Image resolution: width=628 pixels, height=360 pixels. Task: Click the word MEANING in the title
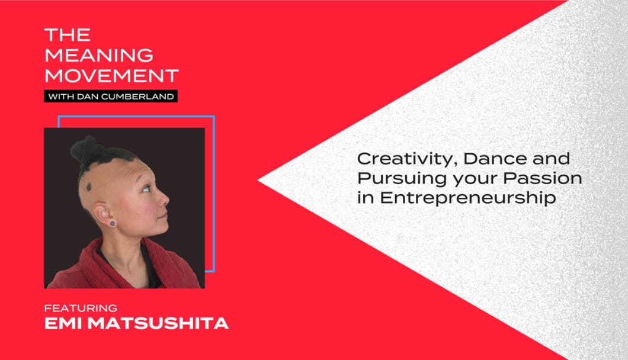point(99,55)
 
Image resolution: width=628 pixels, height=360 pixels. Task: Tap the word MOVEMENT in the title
point(112,76)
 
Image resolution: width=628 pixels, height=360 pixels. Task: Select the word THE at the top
point(68,35)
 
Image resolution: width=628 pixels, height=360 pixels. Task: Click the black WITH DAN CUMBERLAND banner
point(111,96)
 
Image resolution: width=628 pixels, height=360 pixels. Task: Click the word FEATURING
point(81,308)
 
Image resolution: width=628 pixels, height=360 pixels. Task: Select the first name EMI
point(63,323)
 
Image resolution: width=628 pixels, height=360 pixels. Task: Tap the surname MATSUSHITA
point(158,323)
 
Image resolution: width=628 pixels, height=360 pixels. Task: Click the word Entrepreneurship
point(468,198)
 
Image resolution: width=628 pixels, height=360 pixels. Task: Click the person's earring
point(113,223)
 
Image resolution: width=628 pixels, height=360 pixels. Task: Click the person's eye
point(146,188)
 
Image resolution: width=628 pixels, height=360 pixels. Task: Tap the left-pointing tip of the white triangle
point(258,181)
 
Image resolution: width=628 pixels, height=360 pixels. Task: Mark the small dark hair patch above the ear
point(90,187)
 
